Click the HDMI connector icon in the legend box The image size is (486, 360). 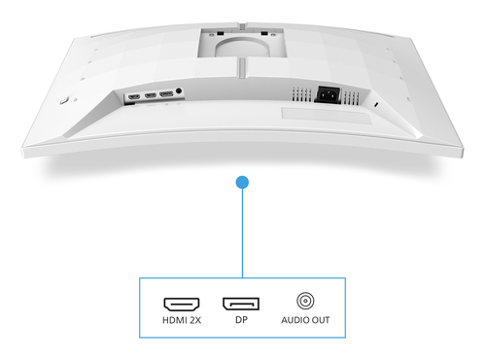182,305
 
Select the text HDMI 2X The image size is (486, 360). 182,320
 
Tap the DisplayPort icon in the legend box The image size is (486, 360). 241,304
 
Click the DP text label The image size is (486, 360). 241,320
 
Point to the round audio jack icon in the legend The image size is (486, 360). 305,301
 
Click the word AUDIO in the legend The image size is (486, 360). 293,320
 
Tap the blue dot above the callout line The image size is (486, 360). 242,182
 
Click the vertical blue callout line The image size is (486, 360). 242,233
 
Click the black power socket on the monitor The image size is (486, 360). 328,95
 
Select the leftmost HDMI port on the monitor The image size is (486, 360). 134,96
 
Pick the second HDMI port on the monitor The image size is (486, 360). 151,95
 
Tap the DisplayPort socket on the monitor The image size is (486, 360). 166,94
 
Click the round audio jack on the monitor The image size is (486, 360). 179,91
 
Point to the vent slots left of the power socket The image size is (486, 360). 301,94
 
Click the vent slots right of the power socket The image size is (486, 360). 351,98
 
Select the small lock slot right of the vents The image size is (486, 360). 376,105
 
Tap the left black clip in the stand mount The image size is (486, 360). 221,33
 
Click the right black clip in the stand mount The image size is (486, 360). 264,33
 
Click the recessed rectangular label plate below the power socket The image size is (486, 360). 327,116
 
